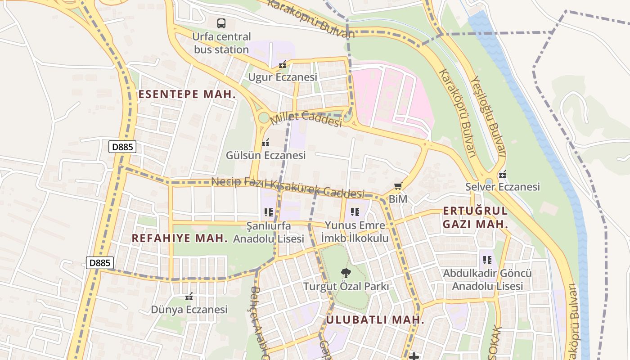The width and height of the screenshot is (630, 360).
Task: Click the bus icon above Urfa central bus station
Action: pyautogui.click(x=221, y=23)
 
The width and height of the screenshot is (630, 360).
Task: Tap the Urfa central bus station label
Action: pyautogui.click(x=221, y=43)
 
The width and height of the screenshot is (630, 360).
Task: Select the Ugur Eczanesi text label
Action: pyautogui.click(x=283, y=77)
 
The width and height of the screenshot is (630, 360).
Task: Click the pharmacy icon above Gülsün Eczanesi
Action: pyautogui.click(x=265, y=143)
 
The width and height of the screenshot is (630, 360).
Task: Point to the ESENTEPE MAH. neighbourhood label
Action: pyautogui.click(x=187, y=94)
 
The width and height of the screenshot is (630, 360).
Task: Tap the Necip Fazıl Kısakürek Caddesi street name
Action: pyautogui.click(x=288, y=188)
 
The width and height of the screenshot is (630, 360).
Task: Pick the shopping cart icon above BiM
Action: pyautogui.click(x=397, y=186)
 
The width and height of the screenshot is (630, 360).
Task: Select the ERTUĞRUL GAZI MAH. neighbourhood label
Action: pyautogui.click(x=475, y=217)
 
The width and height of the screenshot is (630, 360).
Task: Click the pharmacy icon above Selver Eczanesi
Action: pyautogui.click(x=503, y=174)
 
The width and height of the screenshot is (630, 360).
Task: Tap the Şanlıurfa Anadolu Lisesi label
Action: pyautogui.click(x=269, y=232)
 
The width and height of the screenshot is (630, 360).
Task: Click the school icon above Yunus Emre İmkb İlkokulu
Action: pyautogui.click(x=355, y=211)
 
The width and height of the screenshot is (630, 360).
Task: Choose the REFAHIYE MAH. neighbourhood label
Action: pyautogui.click(x=180, y=238)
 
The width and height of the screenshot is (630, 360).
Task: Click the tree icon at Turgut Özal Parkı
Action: pyautogui.click(x=346, y=273)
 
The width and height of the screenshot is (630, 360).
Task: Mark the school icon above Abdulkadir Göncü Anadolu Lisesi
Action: pyautogui.click(x=487, y=260)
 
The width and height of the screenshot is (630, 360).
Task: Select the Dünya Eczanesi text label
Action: pyautogui.click(x=189, y=310)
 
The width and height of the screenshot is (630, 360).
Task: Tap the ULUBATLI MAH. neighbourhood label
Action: pyautogui.click(x=375, y=320)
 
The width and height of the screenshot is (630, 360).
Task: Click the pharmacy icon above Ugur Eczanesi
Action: pyautogui.click(x=283, y=65)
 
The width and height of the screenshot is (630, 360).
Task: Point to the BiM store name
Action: pyautogui.click(x=397, y=198)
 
